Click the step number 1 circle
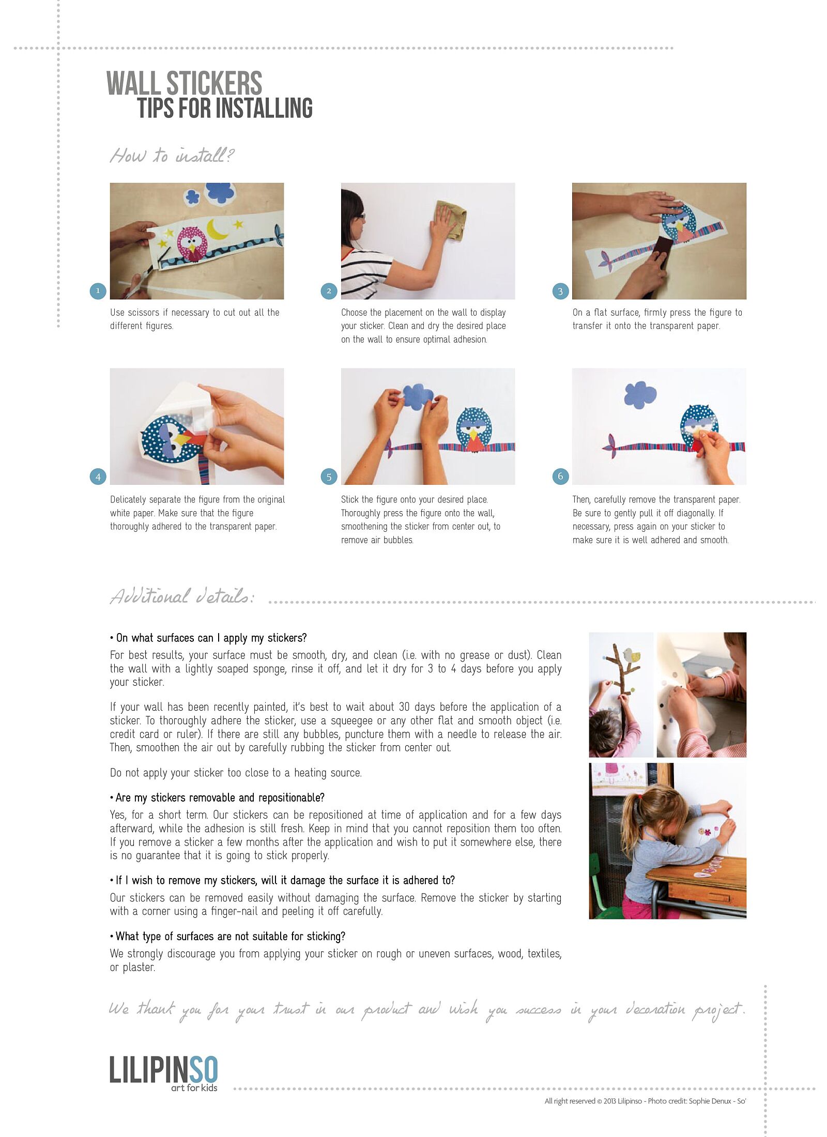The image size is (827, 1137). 98,291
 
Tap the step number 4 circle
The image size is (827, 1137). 98,477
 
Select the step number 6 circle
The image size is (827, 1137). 560,477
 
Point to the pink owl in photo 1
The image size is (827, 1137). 192,243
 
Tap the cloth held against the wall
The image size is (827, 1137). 452,220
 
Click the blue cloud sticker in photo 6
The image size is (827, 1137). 640,395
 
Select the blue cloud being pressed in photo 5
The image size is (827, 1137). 418,397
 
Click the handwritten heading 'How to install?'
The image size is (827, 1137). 172,155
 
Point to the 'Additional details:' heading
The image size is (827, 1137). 182,596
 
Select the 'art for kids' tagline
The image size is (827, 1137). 194,1088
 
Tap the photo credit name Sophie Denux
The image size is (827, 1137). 710,1101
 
